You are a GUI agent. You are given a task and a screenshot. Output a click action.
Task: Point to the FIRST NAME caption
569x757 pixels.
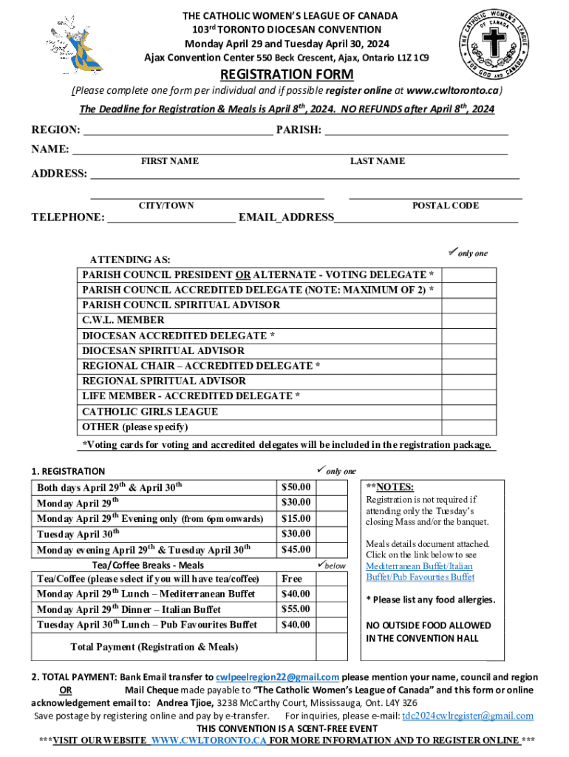[169, 161]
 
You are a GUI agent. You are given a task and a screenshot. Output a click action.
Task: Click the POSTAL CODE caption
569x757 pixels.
[445, 206]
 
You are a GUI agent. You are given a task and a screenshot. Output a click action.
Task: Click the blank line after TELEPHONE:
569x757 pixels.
[171, 217]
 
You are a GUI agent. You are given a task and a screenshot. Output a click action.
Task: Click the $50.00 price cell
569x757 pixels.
[296, 487]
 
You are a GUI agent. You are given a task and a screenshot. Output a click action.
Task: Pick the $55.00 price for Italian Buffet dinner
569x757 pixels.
[296, 609]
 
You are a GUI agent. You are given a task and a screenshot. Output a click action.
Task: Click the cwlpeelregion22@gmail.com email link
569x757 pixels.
[277, 677]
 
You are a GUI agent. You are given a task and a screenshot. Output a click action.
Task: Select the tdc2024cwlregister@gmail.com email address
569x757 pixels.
[467, 716]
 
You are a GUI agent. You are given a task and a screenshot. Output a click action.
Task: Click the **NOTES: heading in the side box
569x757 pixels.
[390, 486]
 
